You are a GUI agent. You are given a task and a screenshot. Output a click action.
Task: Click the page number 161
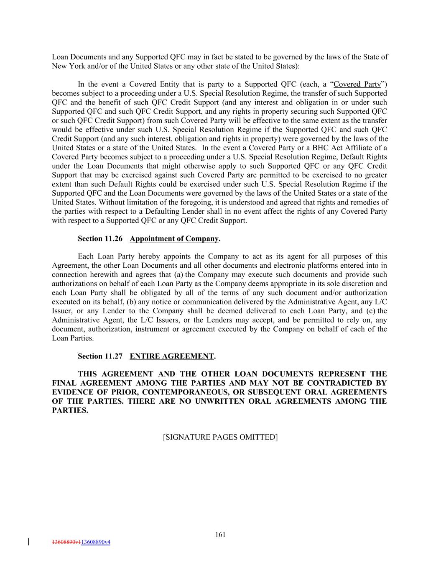pos(220,534)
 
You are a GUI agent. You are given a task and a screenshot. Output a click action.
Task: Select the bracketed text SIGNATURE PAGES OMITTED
pos(220,437)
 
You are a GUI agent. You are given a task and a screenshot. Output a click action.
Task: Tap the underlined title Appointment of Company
pos(174,239)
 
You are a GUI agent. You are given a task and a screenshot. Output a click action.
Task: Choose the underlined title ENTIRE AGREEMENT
pos(172,356)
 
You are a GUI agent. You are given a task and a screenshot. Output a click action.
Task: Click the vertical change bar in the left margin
pos(28,542)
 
